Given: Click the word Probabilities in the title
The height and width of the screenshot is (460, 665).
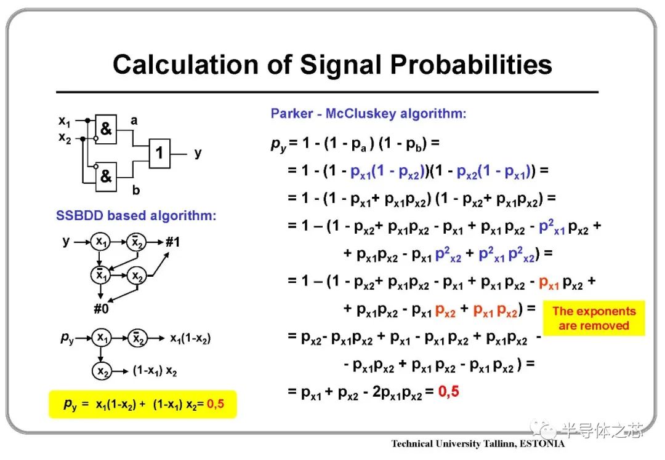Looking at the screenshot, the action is point(471,65).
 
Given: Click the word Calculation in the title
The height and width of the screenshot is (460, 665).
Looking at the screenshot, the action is point(186,65).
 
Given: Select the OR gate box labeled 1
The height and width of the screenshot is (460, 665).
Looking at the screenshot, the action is point(159,153).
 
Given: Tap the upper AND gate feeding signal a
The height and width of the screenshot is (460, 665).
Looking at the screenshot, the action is point(106,129).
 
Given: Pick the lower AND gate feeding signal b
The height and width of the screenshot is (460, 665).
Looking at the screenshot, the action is point(106,176).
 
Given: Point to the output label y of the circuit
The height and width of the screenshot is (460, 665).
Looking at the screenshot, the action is point(198,153).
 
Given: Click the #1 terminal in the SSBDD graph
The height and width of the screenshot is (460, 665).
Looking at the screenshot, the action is point(172,242).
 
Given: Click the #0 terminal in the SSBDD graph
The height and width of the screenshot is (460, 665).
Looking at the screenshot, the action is point(102,308).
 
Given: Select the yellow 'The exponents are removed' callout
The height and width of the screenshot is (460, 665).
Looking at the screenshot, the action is point(594,318).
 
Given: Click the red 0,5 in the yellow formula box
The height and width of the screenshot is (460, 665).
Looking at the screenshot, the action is point(216,404).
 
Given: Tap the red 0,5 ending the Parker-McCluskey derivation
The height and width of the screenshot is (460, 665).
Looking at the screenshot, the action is point(449,391).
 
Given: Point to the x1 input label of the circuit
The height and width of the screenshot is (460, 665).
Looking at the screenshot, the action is point(65,122).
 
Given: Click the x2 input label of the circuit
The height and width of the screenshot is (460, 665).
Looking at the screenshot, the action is point(65,138).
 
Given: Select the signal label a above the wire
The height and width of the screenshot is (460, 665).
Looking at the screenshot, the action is point(134,121).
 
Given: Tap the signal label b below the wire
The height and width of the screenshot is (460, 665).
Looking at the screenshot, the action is point(135,190).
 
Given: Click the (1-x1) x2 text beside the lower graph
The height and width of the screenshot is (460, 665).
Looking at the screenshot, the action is point(155,371).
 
